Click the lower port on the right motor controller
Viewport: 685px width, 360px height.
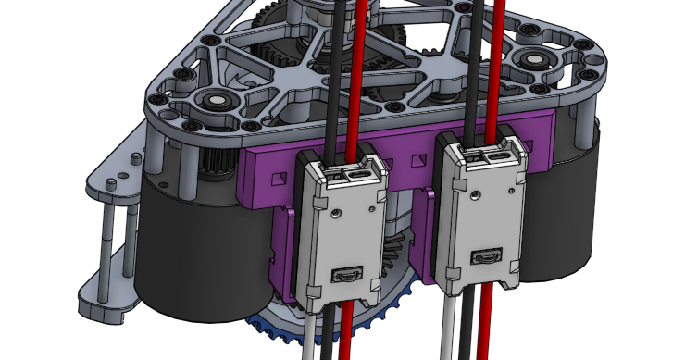[x=484, y=256]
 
